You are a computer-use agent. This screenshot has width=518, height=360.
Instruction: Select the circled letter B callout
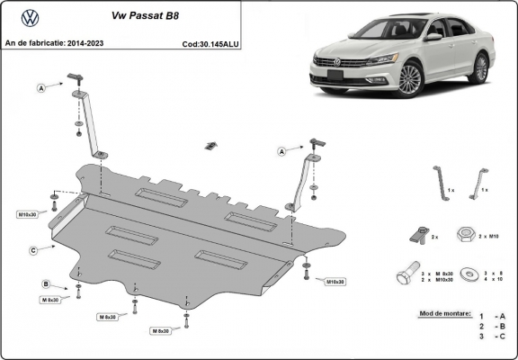(x=45, y=284)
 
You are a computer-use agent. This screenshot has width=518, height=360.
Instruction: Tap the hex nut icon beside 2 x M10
(x=466, y=236)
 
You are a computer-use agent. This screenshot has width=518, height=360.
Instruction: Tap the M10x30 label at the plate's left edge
(x=28, y=214)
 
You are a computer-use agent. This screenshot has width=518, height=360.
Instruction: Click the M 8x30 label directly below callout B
(x=48, y=299)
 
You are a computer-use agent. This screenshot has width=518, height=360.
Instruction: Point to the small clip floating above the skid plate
(x=212, y=144)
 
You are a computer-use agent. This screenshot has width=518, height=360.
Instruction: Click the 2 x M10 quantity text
(x=490, y=236)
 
